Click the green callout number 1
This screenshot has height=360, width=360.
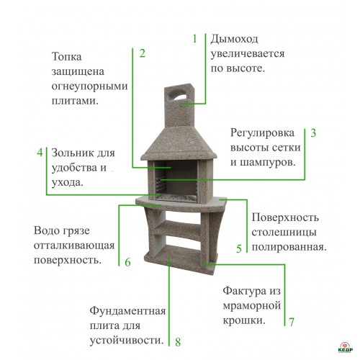pyautogui.click(x=195, y=39)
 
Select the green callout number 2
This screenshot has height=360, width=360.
pyautogui.click(x=143, y=53)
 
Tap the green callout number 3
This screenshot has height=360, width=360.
pyautogui.click(x=313, y=133)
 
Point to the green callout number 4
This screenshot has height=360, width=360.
pyautogui.click(x=40, y=153)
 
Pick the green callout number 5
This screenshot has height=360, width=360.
pyautogui.click(x=239, y=248)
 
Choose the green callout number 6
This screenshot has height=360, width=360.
pyautogui.click(x=127, y=262)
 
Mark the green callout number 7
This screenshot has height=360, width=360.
pyautogui.click(x=292, y=322)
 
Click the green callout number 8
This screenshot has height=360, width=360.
pyautogui.click(x=178, y=342)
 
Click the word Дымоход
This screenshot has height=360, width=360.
pyautogui.click(x=234, y=40)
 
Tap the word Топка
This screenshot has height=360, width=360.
pyautogui.click(x=67, y=57)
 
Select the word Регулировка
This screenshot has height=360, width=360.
pyautogui.click(x=262, y=133)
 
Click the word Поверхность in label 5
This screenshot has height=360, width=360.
pyautogui.click(x=285, y=218)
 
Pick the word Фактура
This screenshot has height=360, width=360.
pyautogui.click(x=245, y=292)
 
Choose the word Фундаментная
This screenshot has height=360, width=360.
pyautogui.click(x=127, y=311)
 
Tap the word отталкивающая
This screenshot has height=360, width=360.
pyautogui.click(x=74, y=246)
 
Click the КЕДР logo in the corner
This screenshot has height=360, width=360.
pyautogui.click(x=346, y=347)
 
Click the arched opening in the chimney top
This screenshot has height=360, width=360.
pyautogui.click(x=179, y=95)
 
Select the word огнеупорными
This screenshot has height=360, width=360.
pyautogui.click(x=89, y=87)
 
